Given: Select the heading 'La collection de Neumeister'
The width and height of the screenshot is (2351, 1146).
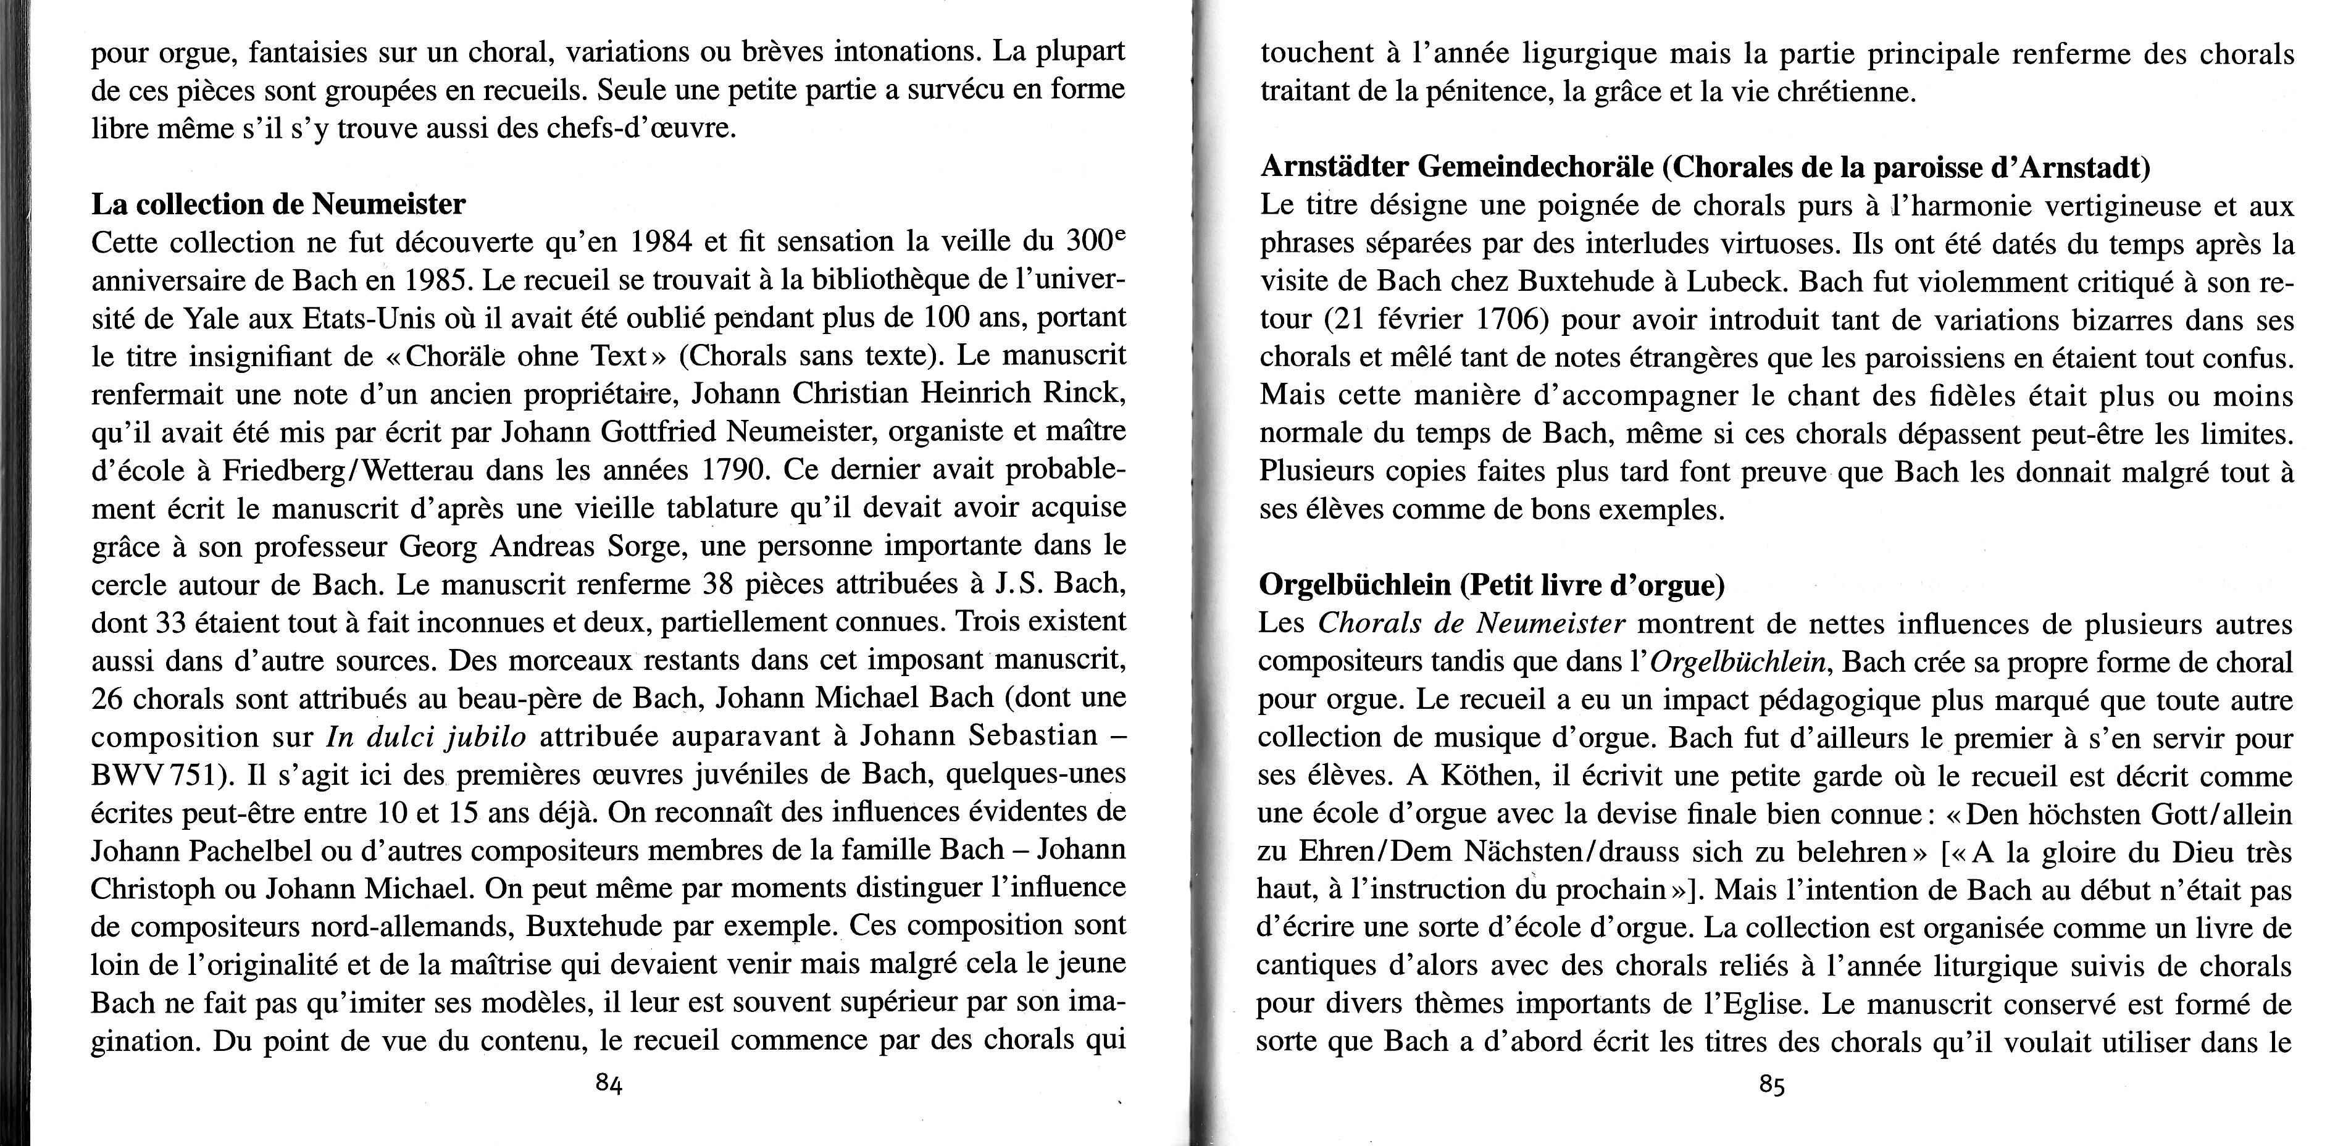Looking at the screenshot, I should (278, 204).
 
